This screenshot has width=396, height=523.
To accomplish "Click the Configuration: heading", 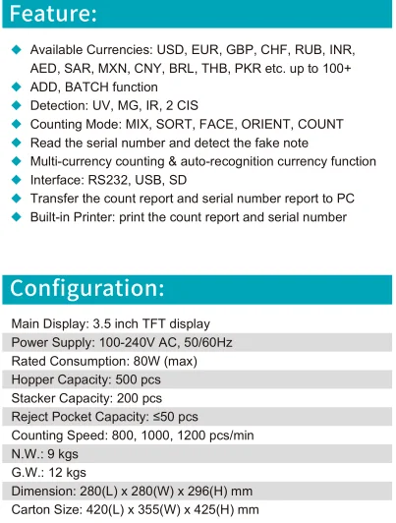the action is pyautogui.click(x=87, y=288).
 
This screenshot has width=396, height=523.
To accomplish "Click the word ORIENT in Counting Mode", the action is pyautogui.click(x=268, y=124).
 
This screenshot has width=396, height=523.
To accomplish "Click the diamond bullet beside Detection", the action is pyautogui.click(x=16, y=105).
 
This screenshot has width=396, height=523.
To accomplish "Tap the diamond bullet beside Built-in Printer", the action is pyautogui.click(x=16, y=217).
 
